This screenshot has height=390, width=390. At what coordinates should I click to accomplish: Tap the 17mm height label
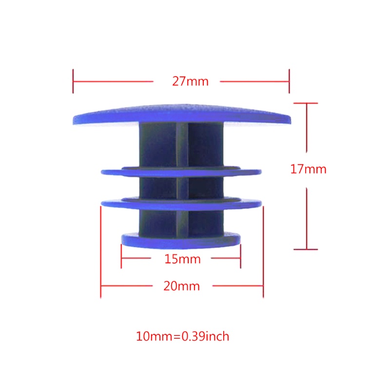[x=308, y=170]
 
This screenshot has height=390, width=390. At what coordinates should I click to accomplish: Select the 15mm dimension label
[x=182, y=259]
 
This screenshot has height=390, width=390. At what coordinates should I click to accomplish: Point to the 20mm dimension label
[x=181, y=286]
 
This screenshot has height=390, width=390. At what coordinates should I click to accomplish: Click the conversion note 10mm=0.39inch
[x=183, y=336]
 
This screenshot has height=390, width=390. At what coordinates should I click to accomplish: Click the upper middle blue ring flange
[x=180, y=172]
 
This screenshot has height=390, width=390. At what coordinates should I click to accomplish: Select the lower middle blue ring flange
[x=180, y=202]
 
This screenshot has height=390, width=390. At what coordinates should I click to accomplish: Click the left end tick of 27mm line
[x=73, y=81]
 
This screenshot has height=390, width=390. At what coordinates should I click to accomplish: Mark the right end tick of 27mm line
[x=289, y=81]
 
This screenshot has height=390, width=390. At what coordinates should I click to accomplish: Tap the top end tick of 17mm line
[x=306, y=103]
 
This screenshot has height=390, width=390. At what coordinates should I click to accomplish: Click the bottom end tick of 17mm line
[x=306, y=249]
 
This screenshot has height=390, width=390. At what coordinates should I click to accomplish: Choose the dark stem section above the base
[x=161, y=222]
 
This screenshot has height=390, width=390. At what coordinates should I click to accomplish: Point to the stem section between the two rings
[x=161, y=186]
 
